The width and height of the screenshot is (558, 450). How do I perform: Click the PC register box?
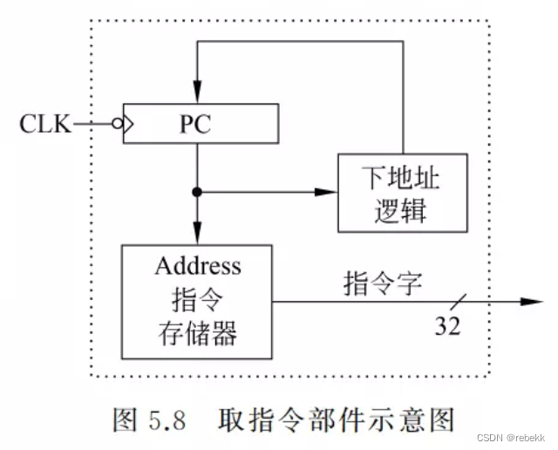[x=201, y=124]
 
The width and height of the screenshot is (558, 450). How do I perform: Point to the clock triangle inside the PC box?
[x=128, y=125]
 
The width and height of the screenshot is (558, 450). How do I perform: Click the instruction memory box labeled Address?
[x=196, y=300]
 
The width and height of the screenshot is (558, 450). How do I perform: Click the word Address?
[x=196, y=266]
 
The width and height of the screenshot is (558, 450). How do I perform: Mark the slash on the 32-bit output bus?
[x=459, y=302]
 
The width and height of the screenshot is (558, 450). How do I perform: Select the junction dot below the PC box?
[x=197, y=191]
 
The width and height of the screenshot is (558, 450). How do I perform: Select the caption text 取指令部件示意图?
[x=336, y=421]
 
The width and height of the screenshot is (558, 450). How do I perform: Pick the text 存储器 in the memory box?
[x=196, y=333]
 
